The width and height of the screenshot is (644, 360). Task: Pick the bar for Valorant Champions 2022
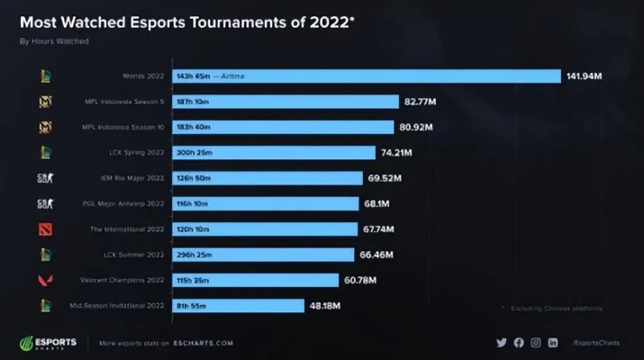pyautogui.click(x=253, y=280)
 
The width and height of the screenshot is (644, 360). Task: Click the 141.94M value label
pyautogui.click(x=584, y=76)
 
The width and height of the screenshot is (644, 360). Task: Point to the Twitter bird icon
pyautogui.click(x=502, y=343)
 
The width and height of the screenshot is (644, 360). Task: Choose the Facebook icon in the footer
pyautogui.click(x=519, y=343)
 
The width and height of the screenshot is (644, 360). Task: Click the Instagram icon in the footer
pyautogui.click(x=536, y=343)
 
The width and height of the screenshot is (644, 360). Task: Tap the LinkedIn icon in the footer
pyautogui.click(x=553, y=343)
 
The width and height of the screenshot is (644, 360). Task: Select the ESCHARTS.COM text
pyautogui.click(x=204, y=343)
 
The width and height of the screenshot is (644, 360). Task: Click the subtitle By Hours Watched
pyautogui.click(x=54, y=40)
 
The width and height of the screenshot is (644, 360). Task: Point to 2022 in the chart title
pyautogui.click(x=322, y=21)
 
